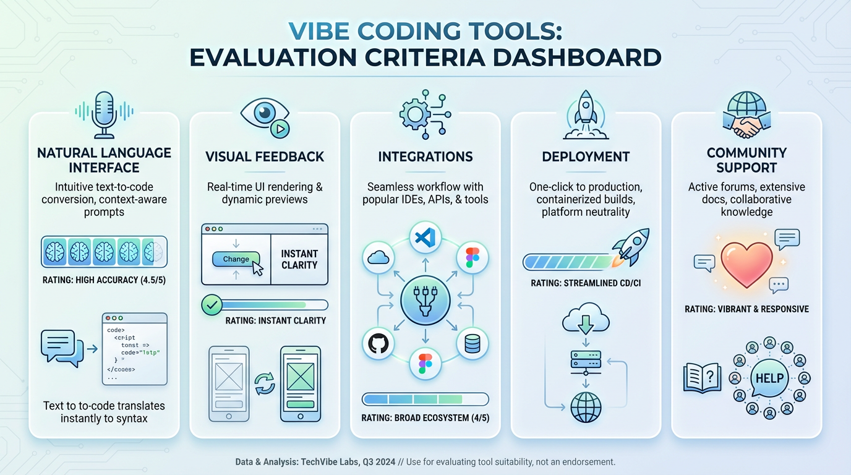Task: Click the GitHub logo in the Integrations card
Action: click(x=377, y=343)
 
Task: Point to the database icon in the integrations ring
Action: click(x=473, y=343)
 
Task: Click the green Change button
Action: click(x=236, y=260)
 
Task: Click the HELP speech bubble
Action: click(x=769, y=378)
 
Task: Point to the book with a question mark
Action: click(x=702, y=377)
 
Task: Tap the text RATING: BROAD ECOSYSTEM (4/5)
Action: click(x=425, y=418)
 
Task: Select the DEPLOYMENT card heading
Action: click(x=585, y=157)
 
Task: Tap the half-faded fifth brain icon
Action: click(x=153, y=252)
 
